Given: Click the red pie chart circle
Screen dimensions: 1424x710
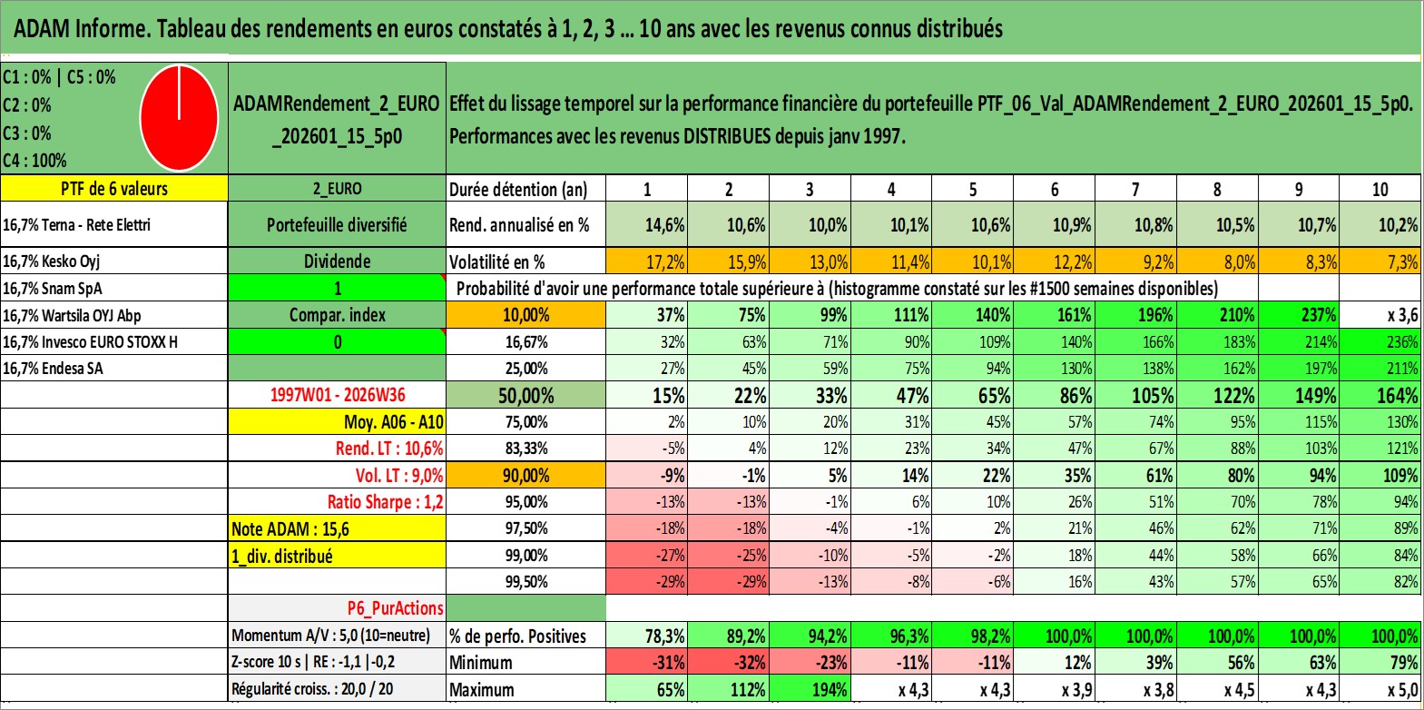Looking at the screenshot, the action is coord(180,118).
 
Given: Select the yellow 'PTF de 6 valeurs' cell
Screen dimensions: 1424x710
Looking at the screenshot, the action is coord(114,188).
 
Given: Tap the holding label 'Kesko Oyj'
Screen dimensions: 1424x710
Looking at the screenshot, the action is coord(71,261).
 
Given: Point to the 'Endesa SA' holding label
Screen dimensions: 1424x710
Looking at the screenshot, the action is coord(72,369).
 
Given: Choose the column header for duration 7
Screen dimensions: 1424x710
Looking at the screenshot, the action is coord(1135,189).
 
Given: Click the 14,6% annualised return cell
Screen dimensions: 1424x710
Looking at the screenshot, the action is coord(647,224).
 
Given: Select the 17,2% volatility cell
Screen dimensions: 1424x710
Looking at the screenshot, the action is coord(647,261).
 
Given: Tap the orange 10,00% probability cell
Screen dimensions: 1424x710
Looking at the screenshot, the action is coord(526,315).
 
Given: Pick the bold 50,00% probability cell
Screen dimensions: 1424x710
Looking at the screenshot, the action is coord(526,396).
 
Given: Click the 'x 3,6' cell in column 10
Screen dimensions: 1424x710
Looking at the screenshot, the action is coord(1380,315).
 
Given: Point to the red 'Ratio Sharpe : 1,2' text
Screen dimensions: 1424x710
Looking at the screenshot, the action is coord(385,502).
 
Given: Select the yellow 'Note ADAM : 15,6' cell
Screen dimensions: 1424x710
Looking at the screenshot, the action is coord(337,528).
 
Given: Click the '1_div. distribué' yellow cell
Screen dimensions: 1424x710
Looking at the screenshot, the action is coord(337,556).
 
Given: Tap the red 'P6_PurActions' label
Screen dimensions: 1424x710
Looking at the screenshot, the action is coord(395,608).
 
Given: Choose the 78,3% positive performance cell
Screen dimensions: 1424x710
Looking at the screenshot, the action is coord(647,636).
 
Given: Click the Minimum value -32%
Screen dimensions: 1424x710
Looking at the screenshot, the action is coord(729,662).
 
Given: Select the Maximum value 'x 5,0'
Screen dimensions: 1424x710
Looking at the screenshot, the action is coord(1380,689).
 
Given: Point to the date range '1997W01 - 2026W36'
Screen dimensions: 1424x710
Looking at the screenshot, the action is coord(338,395).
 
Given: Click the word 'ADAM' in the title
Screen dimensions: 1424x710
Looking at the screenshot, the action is coord(41,29).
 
